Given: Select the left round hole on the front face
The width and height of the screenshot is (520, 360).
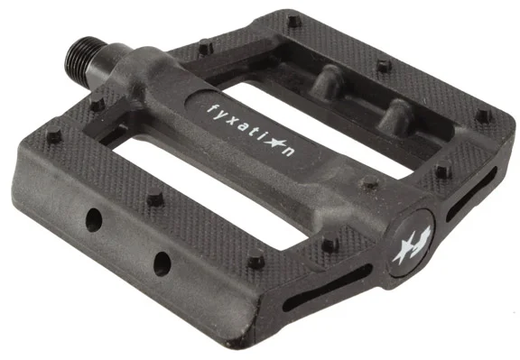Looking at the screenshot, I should tap(94, 219).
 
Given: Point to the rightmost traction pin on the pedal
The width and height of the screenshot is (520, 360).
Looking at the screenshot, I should tap(485, 116).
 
